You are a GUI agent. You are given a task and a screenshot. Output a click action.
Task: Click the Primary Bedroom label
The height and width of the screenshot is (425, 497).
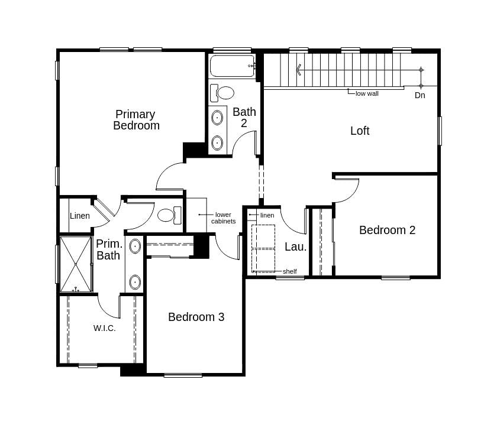click(x=136, y=119)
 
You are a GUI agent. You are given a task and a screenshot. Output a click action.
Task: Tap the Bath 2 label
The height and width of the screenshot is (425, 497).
click(x=244, y=117)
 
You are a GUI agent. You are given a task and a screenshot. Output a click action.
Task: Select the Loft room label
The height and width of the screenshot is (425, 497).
click(x=360, y=131)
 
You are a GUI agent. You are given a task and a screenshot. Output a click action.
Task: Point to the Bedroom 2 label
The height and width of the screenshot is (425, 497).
click(x=387, y=230)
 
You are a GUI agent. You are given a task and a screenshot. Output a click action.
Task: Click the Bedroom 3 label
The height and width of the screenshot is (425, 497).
click(x=196, y=317)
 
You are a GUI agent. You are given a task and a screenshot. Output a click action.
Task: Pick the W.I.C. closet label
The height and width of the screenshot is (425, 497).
click(x=104, y=328)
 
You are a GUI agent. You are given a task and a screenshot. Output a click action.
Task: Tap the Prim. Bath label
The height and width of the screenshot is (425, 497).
click(x=109, y=249)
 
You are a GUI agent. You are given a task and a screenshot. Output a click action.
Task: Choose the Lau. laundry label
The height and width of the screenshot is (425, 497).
click(x=295, y=246)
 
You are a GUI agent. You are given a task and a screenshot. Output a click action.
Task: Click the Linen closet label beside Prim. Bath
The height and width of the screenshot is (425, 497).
click(x=80, y=216)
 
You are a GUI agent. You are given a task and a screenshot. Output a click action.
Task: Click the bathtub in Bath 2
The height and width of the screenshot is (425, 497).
click(x=232, y=66)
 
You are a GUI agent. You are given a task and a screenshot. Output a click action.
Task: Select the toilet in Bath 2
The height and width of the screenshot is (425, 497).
click(x=223, y=93)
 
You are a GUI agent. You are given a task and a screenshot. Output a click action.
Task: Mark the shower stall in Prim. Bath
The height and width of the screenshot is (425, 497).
click(x=76, y=264)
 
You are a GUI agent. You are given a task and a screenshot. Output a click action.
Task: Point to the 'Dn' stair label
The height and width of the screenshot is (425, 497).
click(x=419, y=95)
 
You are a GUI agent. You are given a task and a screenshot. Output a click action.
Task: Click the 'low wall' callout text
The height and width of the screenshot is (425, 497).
click(x=367, y=93)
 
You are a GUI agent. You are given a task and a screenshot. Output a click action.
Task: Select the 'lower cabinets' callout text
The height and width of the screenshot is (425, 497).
click(x=223, y=218)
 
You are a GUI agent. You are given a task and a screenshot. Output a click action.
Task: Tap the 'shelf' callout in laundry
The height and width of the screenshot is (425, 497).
click(x=289, y=271)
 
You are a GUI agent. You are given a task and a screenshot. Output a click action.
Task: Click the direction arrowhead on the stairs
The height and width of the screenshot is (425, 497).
click(x=299, y=70)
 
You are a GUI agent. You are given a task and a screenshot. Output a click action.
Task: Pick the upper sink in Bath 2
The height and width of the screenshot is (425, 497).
click(x=217, y=117)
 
